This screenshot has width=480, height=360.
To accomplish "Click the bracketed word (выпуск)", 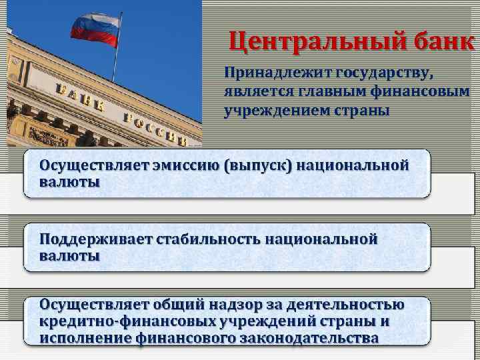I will pyautogui.click(x=259, y=165).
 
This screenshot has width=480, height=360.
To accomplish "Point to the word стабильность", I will pyautogui.click(x=208, y=239).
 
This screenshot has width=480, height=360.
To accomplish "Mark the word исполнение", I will pyautogui.click(x=85, y=338).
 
